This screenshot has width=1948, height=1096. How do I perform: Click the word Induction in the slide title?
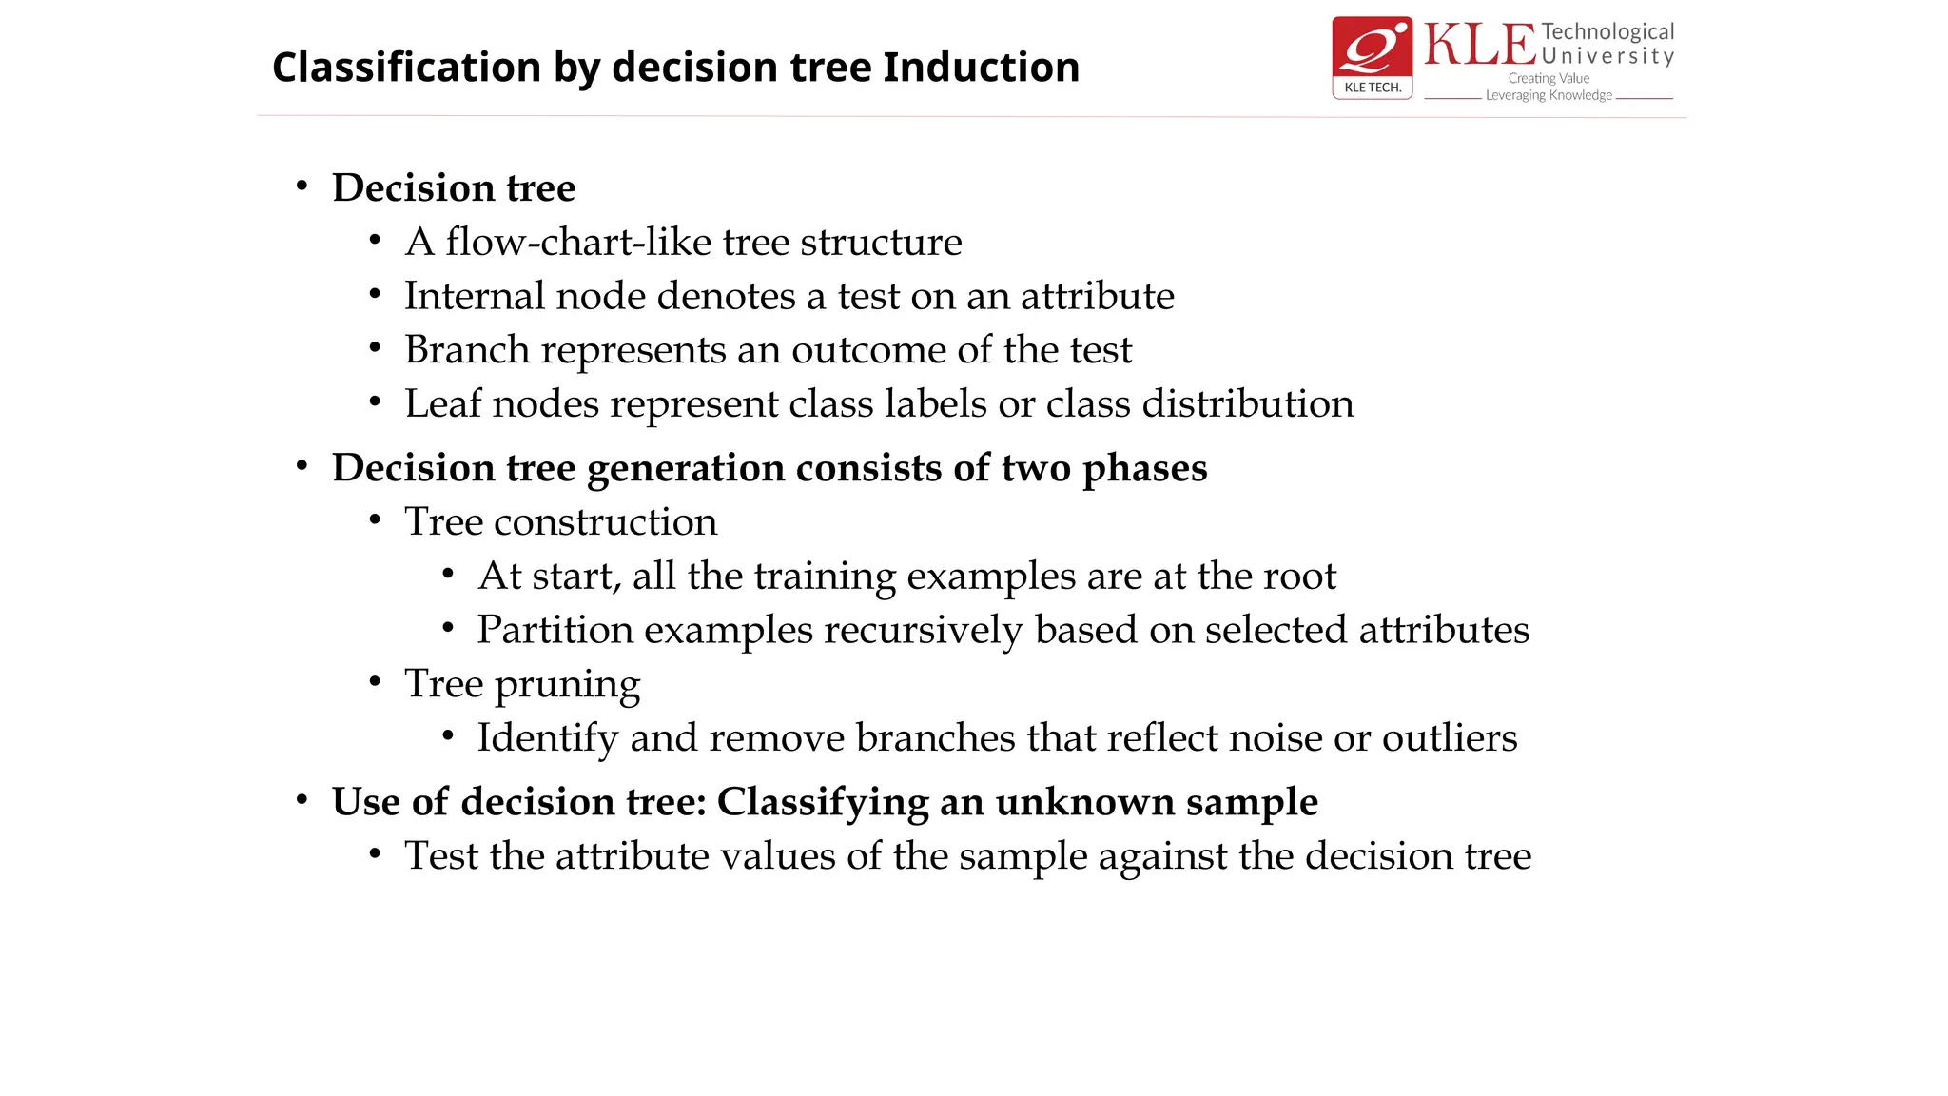point(981,68)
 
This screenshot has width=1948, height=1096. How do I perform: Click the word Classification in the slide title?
point(407,68)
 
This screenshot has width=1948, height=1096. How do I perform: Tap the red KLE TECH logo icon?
point(1372,57)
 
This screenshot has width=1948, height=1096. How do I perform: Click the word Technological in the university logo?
point(1607,32)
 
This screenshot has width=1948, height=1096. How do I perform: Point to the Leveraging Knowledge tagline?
point(1549,95)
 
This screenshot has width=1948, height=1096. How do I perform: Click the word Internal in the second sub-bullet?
point(475,296)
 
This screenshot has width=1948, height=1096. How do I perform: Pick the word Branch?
point(466,350)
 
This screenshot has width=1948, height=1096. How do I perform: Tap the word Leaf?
point(442,404)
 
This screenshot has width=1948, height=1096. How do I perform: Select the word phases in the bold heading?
point(1144,469)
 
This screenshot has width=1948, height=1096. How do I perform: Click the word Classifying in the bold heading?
point(822,803)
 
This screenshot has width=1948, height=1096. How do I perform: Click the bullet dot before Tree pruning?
point(376,682)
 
